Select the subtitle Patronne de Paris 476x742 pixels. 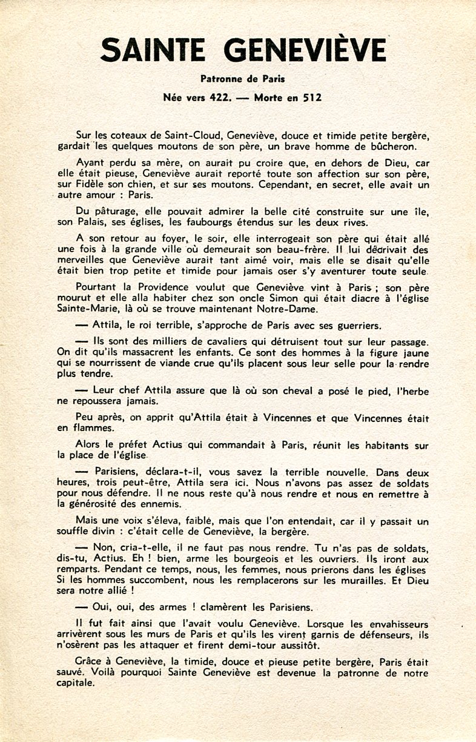tap(243, 78)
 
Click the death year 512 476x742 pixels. tap(310, 97)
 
